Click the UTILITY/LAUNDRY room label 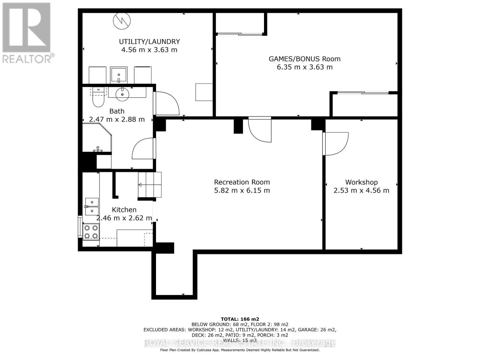[149, 42]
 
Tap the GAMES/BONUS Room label [304, 59]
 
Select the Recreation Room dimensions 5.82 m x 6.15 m [242, 190]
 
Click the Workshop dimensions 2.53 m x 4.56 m [361, 190]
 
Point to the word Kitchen [124, 210]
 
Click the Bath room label [117, 111]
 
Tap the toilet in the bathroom [98, 97]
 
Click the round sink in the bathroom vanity [122, 94]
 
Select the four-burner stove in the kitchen [91, 232]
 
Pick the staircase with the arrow [149, 185]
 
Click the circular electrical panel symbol [122, 21]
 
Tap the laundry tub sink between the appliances [119, 75]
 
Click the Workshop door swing [335, 144]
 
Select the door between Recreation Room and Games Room [260, 130]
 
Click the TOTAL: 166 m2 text [240, 319]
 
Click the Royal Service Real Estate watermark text [240, 343]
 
